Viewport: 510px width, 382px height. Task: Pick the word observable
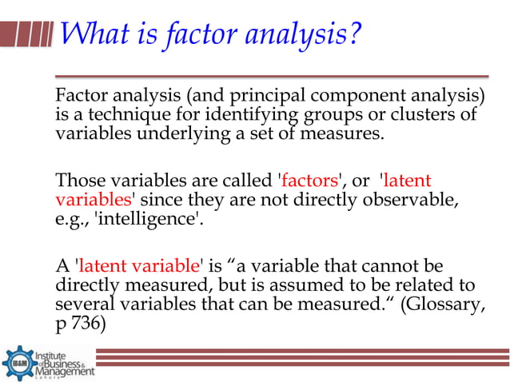[x=418, y=198]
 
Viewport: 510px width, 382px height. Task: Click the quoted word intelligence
[x=148, y=216]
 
